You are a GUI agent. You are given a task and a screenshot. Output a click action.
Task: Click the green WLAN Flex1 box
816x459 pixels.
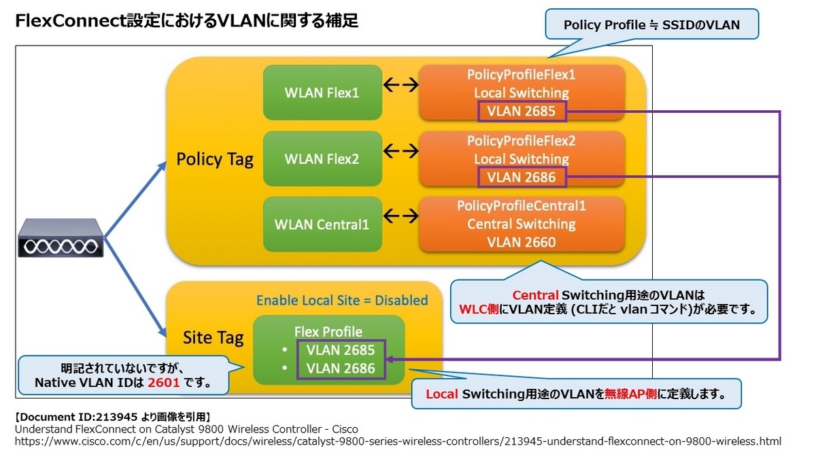322,92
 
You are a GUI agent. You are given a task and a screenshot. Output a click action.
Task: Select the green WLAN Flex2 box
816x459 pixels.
322,159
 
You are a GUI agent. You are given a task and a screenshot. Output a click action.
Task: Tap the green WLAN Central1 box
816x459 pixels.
322,224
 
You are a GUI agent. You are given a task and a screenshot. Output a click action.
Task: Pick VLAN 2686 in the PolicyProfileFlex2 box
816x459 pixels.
522,178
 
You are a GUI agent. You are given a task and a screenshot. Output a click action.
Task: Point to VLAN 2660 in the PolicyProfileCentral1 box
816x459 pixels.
522,242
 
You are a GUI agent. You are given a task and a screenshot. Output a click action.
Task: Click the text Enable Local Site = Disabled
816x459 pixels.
342,300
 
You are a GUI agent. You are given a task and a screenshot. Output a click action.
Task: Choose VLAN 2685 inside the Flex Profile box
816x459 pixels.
340,351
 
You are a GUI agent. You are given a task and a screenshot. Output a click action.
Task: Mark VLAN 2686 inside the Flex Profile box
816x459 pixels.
340,369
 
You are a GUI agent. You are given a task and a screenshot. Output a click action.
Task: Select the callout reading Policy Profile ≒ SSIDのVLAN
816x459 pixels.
651,26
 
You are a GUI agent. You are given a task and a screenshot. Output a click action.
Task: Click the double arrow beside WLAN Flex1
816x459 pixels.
401,85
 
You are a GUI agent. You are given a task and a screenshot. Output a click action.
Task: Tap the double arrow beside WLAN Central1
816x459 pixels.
401,217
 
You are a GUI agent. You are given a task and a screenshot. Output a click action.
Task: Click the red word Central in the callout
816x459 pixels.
535,295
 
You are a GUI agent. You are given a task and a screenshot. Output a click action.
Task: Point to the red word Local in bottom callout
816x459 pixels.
442,394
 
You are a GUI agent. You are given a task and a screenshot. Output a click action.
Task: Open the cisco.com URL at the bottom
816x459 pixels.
398,441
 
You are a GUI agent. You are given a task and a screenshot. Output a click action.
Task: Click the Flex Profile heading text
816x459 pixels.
328,332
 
